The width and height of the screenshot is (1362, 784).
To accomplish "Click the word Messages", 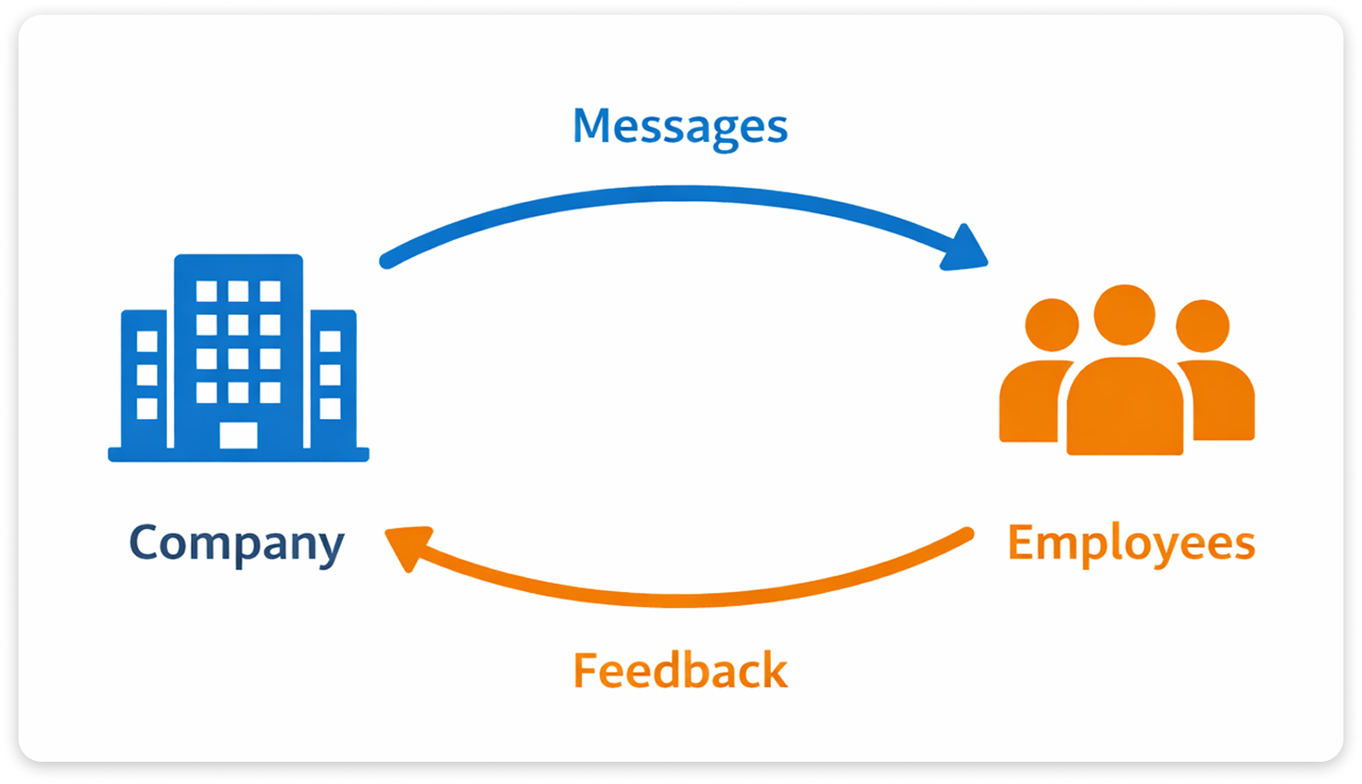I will click(x=680, y=127).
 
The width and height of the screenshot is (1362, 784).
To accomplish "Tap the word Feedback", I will click(x=680, y=671).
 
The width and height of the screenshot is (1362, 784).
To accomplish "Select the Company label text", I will click(x=236, y=544).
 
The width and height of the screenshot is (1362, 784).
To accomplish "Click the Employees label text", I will click(x=1130, y=544).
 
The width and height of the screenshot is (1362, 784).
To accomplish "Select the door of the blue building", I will click(x=238, y=435).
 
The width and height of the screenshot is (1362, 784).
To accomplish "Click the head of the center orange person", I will click(x=1125, y=315).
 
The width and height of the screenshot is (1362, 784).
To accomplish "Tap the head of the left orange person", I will click(x=1052, y=326).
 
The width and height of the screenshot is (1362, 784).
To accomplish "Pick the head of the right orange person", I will click(x=1203, y=326).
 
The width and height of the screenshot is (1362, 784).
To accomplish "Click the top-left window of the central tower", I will click(x=207, y=292).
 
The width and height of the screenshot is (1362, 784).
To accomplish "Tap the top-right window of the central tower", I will click(x=270, y=292).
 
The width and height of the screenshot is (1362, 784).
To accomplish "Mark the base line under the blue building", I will click(x=238, y=455).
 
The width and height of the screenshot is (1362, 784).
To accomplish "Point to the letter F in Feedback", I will click(x=586, y=671).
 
